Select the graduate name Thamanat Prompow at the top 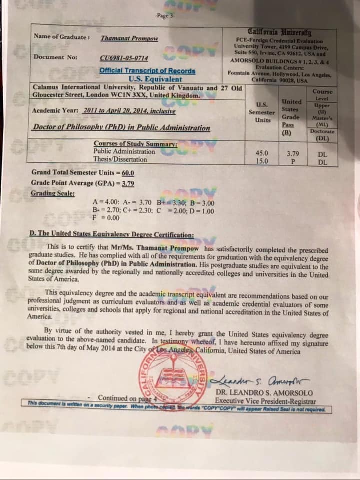point(129,38)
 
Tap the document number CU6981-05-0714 point(124,57)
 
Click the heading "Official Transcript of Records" point(147,71)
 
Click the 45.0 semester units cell point(262,153)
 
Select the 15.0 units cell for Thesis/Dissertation point(262,161)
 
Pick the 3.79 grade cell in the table point(293,153)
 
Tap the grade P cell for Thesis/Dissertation point(293,161)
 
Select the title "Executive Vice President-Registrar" point(265,401)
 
